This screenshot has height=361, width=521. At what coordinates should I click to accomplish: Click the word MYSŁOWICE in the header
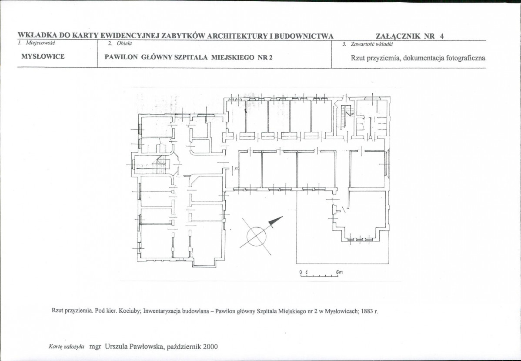[x=43, y=57]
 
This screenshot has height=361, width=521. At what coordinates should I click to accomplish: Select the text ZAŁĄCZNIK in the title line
[x=397, y=36]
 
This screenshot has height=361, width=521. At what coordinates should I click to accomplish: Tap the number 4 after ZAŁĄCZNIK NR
[x=441, y=36]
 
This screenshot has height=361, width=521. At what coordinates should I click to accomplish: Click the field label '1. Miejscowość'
[x=37, y=43]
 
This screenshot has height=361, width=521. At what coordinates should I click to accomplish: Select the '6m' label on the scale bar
[x=339, y=271]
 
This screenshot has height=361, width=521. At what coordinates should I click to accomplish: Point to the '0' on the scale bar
[x=301, y=272]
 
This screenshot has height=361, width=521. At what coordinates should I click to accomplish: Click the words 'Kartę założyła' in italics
[x=66, y=347]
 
